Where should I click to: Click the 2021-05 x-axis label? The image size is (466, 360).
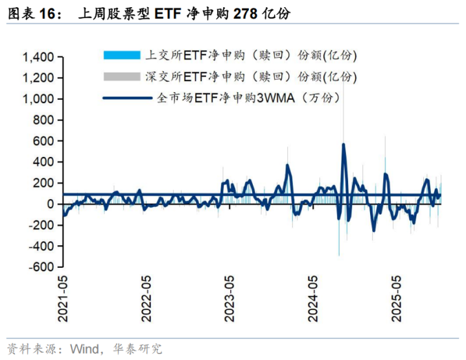coord(64,298)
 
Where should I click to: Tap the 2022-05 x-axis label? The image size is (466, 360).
coord(146,298)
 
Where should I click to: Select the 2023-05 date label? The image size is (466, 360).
coord(230,298)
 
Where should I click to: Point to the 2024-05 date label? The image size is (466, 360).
coord(314,298)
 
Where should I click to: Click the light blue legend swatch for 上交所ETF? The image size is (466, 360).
coord(121,55)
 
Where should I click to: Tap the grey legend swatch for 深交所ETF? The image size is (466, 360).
coord(121,77)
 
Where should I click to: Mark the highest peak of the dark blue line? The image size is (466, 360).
coord(344,145)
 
